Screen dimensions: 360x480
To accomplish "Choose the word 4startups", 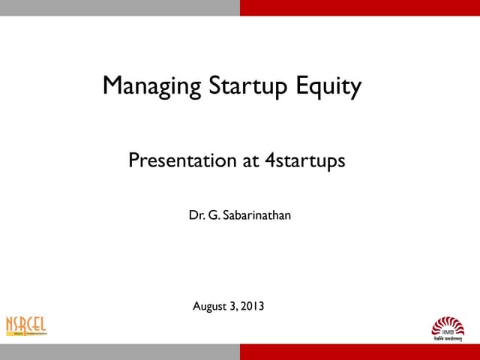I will tap(305, 160).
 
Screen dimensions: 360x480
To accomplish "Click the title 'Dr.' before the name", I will tap(196, 217).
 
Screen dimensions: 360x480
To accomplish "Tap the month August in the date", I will tap(211, 306).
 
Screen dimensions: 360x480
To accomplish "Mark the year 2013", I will tap(253, 306).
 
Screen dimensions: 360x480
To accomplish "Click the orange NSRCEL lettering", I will tap(26, 324).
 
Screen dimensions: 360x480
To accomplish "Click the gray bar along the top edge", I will tap(120, 7).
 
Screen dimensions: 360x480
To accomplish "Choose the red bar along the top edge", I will tap(360, 7).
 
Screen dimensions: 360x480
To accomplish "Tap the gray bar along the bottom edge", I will tap(120, 352).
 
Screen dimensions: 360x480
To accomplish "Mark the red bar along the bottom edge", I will tap(360, 352).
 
